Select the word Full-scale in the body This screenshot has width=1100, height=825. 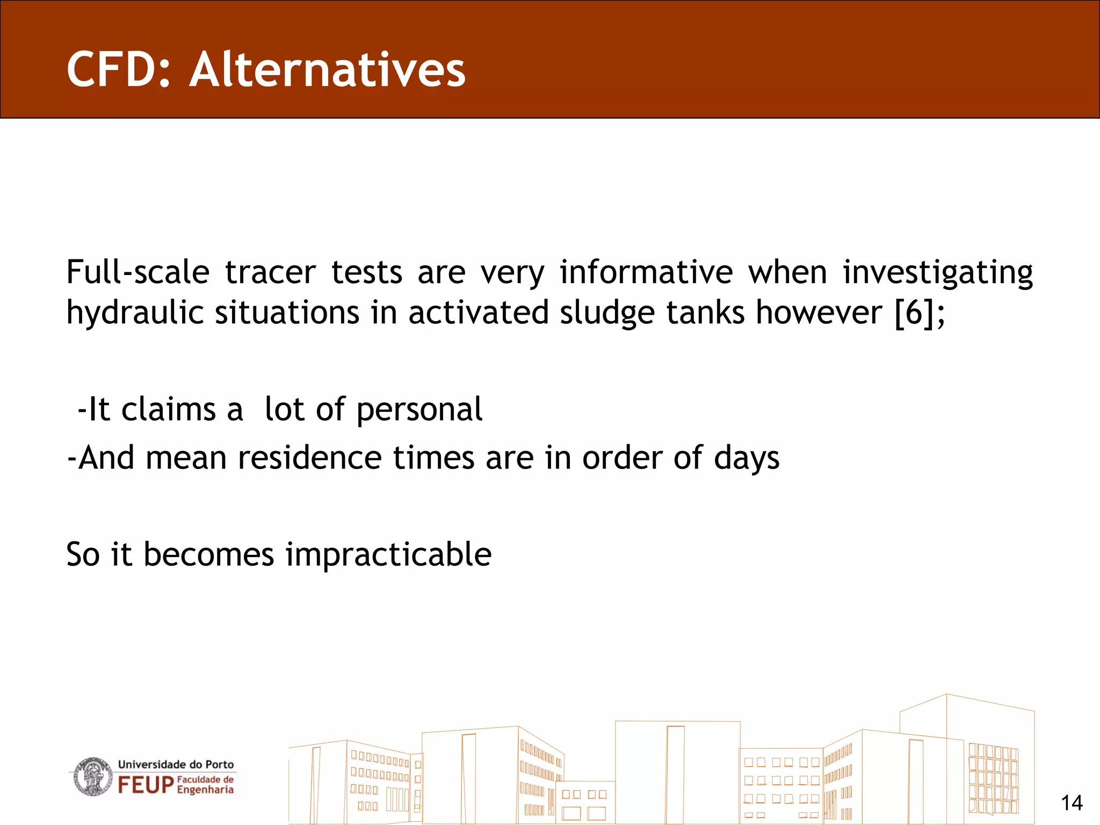point(137,272)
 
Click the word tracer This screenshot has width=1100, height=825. point(270,272)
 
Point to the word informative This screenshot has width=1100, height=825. point(646,272)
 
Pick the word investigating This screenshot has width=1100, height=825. point(937,273)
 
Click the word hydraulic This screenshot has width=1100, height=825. point(134,313)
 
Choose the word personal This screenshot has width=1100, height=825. point(419,410)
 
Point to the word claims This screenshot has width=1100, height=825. point(169,409)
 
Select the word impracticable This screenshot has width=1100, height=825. point(388,555)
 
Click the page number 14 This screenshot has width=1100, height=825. point(1071,803)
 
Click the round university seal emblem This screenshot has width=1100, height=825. point(92,777)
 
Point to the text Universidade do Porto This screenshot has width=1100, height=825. point(176,764)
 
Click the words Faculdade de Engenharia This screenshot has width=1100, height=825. point(205,785)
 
